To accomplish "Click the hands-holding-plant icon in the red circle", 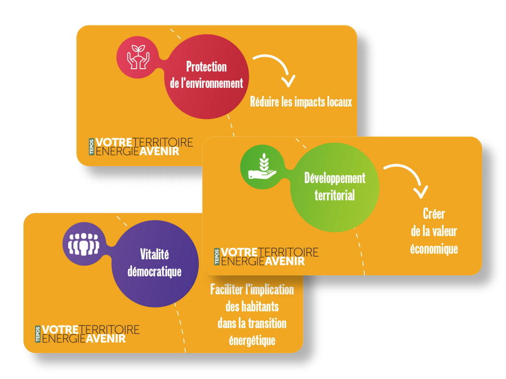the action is click(x=138, y=57).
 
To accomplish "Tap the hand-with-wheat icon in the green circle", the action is click(x=262, y=166).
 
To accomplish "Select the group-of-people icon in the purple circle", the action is click(x=84, y=244).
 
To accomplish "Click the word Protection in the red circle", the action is click(x=206, y=67).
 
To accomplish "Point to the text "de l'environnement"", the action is click(x=206, y=83).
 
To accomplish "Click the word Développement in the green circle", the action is click(x=335, y=179).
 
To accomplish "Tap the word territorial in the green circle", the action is click(x=335, y=196).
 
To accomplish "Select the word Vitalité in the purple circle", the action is click(x=155, y=254).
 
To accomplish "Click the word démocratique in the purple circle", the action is click(x=155, y=271).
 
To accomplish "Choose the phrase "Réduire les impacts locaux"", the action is click(x=301, y=102).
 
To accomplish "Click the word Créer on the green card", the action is click(x=434, y=214).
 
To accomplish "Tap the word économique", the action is click(x=434, y=249).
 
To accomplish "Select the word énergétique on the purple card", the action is click(x=252, y=340).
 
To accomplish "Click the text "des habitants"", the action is click(x=252, y=306).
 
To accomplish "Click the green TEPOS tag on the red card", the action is click(x=91, y=147).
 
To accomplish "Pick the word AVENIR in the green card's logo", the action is click(x=285, y=261).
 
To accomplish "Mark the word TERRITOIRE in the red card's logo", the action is click(x=163, y=142).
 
